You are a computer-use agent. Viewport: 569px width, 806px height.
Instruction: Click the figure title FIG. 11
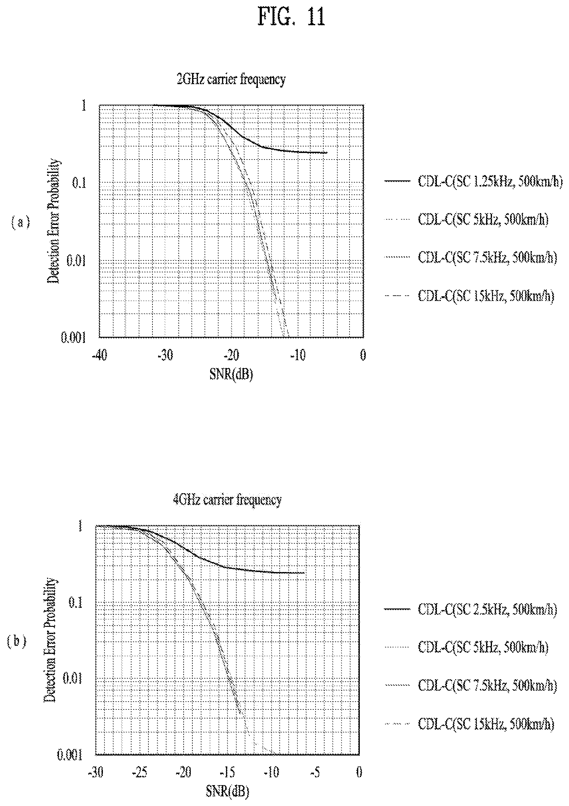[x=291, y=17]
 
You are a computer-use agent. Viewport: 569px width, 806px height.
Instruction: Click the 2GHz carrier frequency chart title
[x=231, y=79]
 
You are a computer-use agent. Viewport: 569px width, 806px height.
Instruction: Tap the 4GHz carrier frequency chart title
[x=227, y=499]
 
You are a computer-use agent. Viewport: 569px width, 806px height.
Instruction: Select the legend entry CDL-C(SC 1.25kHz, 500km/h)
[x=473, y=182]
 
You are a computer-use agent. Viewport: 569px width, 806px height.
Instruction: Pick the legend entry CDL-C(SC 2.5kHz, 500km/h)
[x=471, y=609]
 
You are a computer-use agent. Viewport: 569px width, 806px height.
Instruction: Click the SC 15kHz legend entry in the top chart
[x=469, y=296]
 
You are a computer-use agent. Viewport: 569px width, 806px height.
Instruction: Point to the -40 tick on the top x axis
[x=99, y=355]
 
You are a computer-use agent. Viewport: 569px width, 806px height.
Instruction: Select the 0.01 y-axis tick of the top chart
[x=76, y=260]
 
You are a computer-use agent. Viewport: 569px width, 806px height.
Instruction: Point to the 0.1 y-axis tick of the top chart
[x=79, y=183]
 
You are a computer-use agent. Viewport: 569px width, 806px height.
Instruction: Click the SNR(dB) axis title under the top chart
[x=231, y=374]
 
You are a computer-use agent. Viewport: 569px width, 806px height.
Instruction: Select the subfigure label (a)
[x=21, y=222]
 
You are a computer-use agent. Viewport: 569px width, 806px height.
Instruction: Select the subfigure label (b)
[x=17, y=641]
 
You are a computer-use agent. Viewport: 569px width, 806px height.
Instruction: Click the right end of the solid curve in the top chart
[x=327, y=153]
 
